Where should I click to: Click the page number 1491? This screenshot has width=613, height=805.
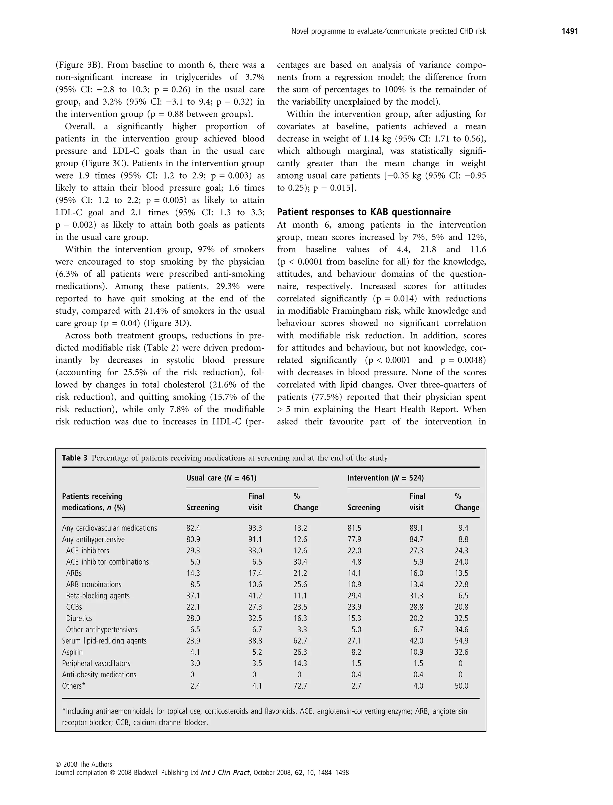click(x=570, y=32)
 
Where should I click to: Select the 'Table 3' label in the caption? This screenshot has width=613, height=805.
click(x=75, y=458)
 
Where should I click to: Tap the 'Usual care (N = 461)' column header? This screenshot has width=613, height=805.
click(x=221, y=478)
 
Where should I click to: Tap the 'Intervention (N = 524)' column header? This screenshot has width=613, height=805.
click(x=385, y=478)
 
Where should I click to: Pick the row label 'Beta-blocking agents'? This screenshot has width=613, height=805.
click(x=98, y=596)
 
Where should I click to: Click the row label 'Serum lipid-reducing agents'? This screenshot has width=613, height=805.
click(x=104, y=641)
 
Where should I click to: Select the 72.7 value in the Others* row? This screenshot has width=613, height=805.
click(x=300, y=686)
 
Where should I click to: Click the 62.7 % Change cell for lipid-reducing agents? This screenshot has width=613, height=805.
click(x=300, y=641)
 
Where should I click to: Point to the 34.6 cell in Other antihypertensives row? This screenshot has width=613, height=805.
click(x=461, y=630)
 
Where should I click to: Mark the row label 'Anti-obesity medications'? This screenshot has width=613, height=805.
click(x=99, y=675)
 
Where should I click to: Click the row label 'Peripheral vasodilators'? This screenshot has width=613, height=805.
click(x=96, y=664)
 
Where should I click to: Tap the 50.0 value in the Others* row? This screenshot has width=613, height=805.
click(x=461, y=686)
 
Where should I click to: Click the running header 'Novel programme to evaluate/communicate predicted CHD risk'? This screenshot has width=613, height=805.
click(x=389, y=32)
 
